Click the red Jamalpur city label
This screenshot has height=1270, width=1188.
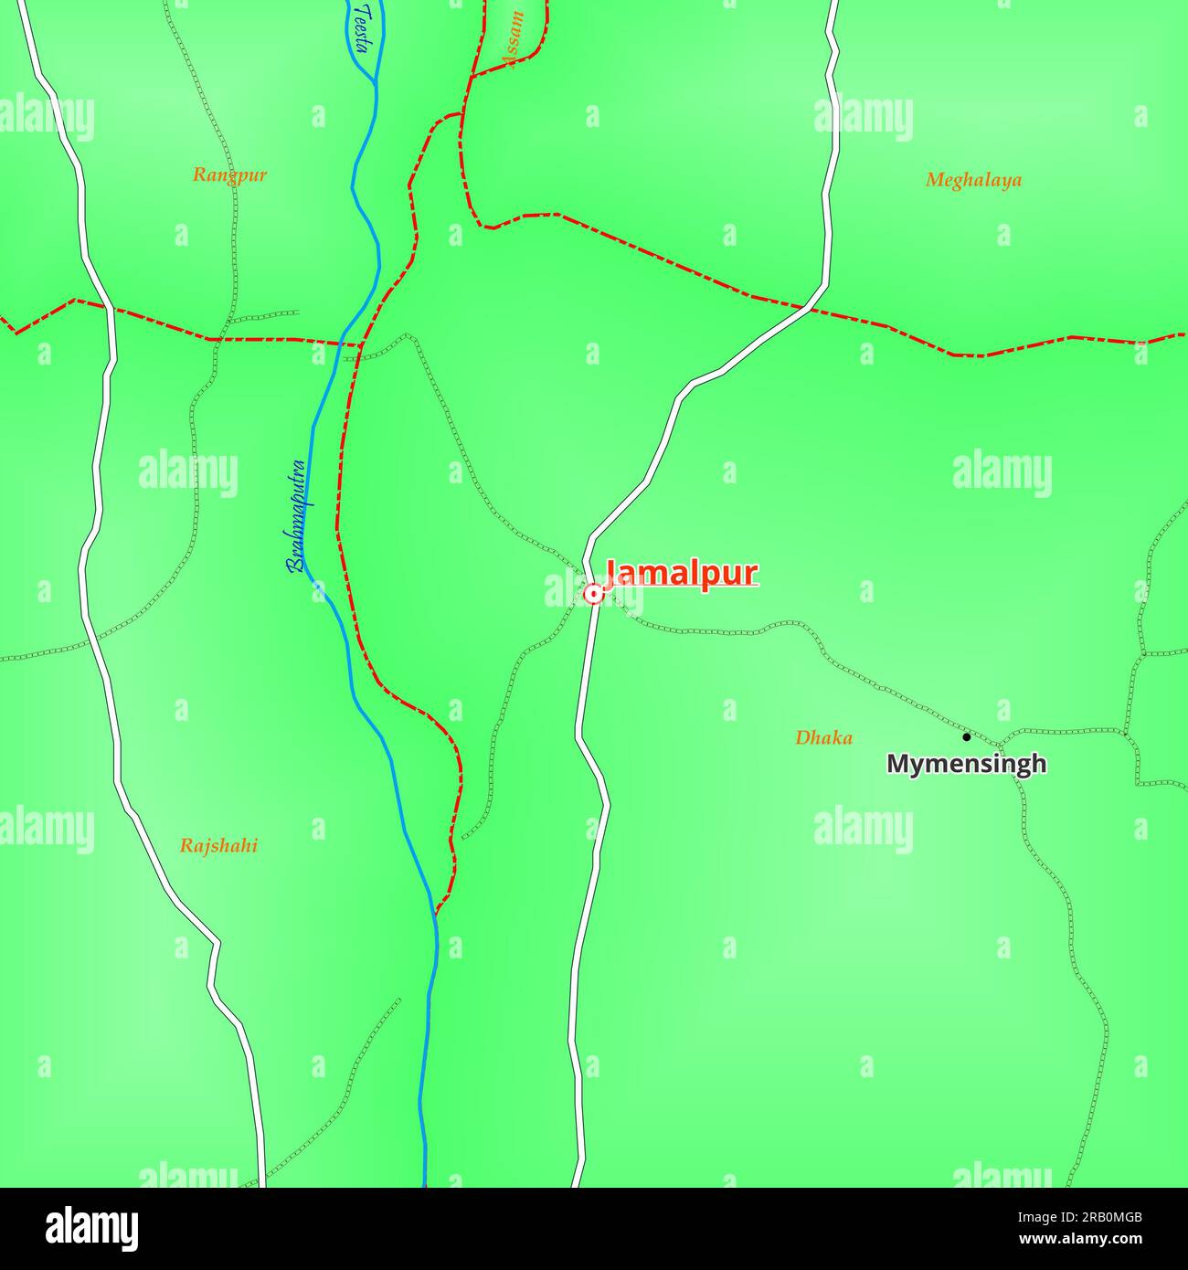(x=682, y=574)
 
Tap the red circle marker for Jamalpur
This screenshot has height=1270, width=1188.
(x=593, y=595)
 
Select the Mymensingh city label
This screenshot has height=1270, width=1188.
(x=966, y=764)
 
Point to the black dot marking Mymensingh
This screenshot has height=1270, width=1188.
(x=966, y=736)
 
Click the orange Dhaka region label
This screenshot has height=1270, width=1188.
(x=823, y=737)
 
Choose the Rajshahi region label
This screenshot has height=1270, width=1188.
(x=218, y=846)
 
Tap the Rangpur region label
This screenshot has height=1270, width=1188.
(x=229, y=175)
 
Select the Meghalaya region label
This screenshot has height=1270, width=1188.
(x=973, y=180)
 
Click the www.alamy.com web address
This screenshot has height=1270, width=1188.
(x=1075, y=1239)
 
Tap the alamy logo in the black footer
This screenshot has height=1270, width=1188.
(x=92, y=1228)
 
